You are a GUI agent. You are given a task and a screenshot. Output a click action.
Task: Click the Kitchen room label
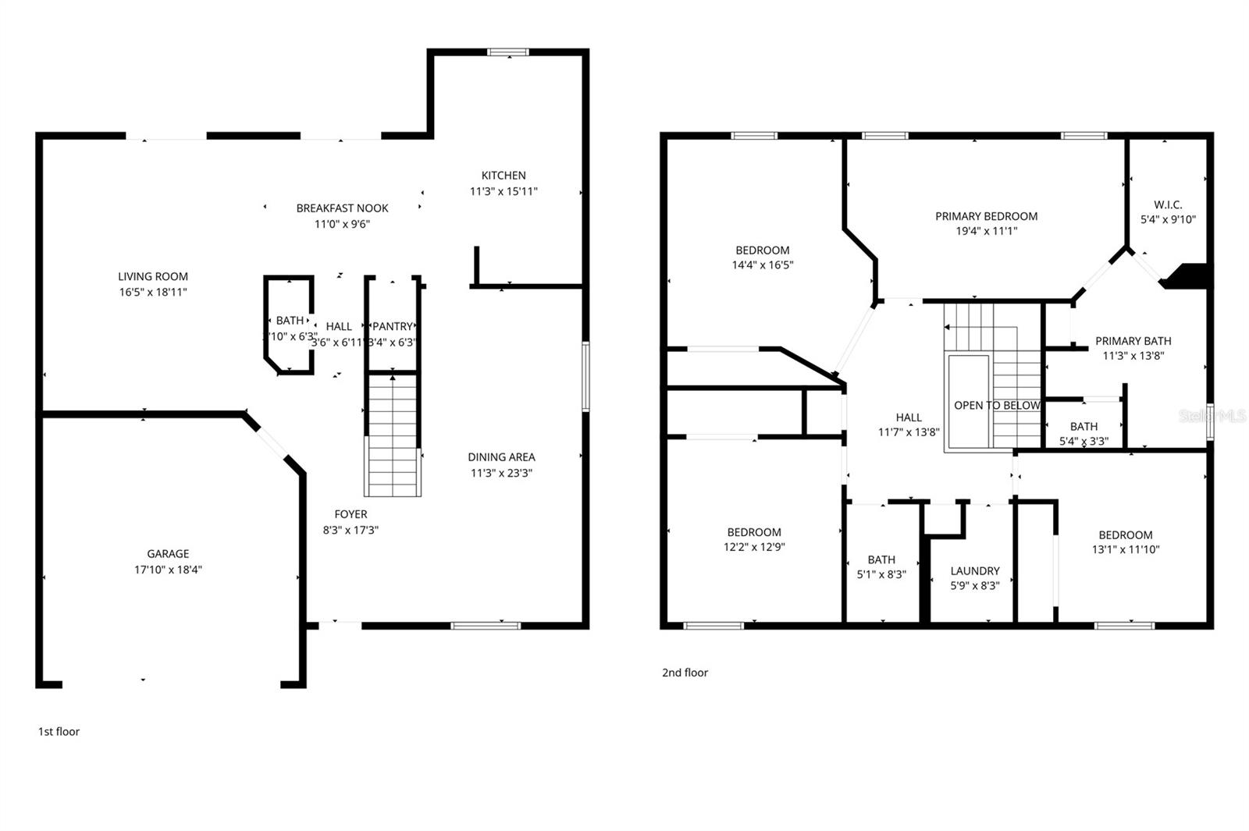pyautogui.click(x=504, y=176)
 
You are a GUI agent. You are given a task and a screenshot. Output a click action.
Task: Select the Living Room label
pyautogui.click(x=153, y=276)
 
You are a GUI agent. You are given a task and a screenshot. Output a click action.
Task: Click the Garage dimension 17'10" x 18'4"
pyautogui.click(x=168, y=570)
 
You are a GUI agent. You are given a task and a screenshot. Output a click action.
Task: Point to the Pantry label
pyautogui.click(x=392, y=326)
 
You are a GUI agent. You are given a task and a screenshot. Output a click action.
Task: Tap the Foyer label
pyautogui.click(x=351, y=514)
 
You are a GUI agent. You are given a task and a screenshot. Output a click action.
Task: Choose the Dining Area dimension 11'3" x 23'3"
pyautogui.click(x=501, y=473)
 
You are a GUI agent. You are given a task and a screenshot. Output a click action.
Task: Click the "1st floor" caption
pyautogui.click(x=59, y=732)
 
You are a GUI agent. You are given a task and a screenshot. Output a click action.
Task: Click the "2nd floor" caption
pyautogui.click(x=685, y=673)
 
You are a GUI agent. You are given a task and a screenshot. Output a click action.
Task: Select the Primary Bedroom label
pyautogui.click(x=986, y=216)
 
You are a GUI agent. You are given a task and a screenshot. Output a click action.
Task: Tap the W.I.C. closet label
pyautogui.click(x=1168, y=204)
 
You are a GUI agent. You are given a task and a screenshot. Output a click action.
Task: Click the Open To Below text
pyautogui.click(x=997, y=406)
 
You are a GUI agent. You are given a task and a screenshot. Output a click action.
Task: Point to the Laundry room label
pyautogui.click(x=975, y=571)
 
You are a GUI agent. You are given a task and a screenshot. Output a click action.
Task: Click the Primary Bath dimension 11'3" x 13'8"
pyautogui.click(x=1133, y=356)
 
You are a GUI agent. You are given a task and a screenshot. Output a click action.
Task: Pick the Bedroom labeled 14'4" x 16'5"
pyautogui.click(x=762, y=250)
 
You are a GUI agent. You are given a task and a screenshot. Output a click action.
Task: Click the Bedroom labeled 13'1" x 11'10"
pyautogui.click(x=1125, y=535)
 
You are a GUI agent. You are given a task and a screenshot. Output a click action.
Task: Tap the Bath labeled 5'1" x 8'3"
pyautogui.click(x=881, y=559)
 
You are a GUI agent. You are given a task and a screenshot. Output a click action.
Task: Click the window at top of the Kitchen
pyautogui.click(x=509, y=52)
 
